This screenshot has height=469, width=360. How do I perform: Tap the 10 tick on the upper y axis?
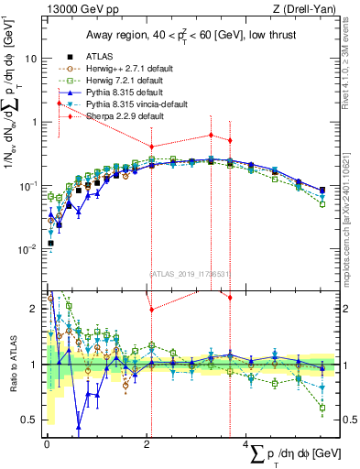(x=33, y=58)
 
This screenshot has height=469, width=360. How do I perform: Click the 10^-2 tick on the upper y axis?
(x=30, y=250)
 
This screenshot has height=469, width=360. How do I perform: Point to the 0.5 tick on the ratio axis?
(x=31, y=420)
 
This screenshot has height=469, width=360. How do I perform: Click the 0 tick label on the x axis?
(x=46, y=443)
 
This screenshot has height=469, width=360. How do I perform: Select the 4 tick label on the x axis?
(x=246, y=443)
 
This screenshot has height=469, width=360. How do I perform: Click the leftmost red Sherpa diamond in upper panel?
(x=60, y=103)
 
